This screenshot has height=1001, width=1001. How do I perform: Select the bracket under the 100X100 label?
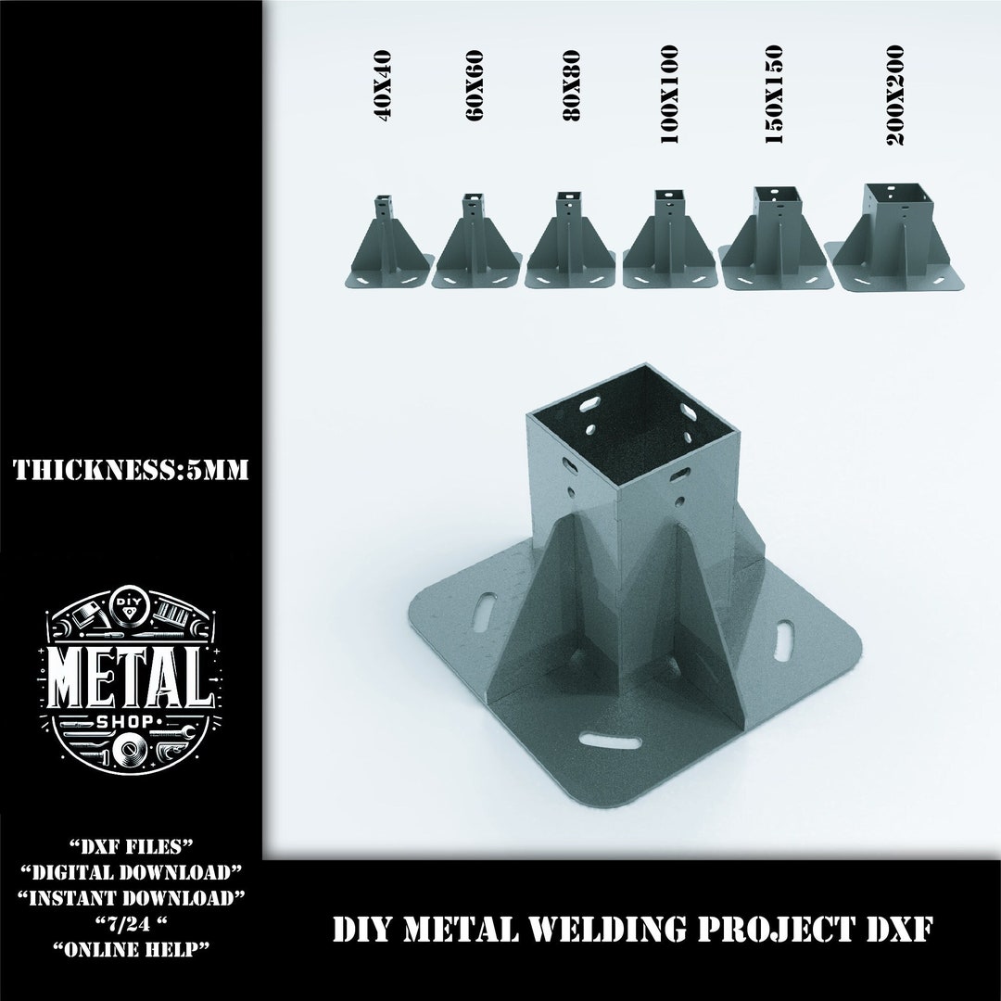click(x=666, y=243)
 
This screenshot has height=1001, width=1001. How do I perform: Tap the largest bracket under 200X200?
click(x=893, y=239)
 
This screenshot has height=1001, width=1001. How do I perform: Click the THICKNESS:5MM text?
click(x=131, y=471)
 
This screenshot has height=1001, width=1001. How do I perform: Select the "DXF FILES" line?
click(x=131, y=848)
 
